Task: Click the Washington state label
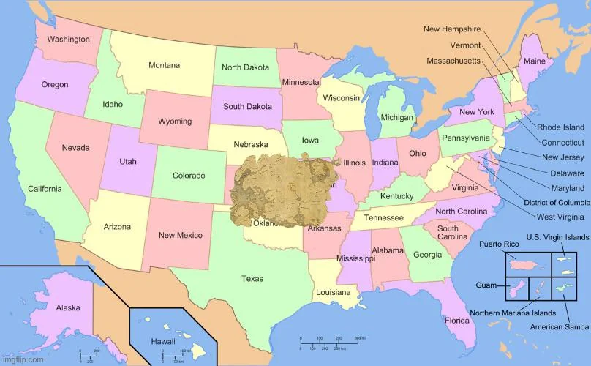[x=69, y=39]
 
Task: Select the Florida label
[x=458, y=320]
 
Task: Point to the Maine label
[x=534, y=61]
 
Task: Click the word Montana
[x=165, y=65]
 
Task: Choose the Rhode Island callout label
[x=560, y=127]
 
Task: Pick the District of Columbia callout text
[x=557, y=202]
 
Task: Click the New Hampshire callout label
[x=452, y=29]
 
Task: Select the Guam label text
[x=486, y=285]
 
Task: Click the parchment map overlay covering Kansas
[x=282, y=187]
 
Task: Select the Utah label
[x=127, y=160]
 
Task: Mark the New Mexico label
[x=181, y=235]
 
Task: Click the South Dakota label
[x=247, y=106]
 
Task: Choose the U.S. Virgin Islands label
[x=557, y=238]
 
